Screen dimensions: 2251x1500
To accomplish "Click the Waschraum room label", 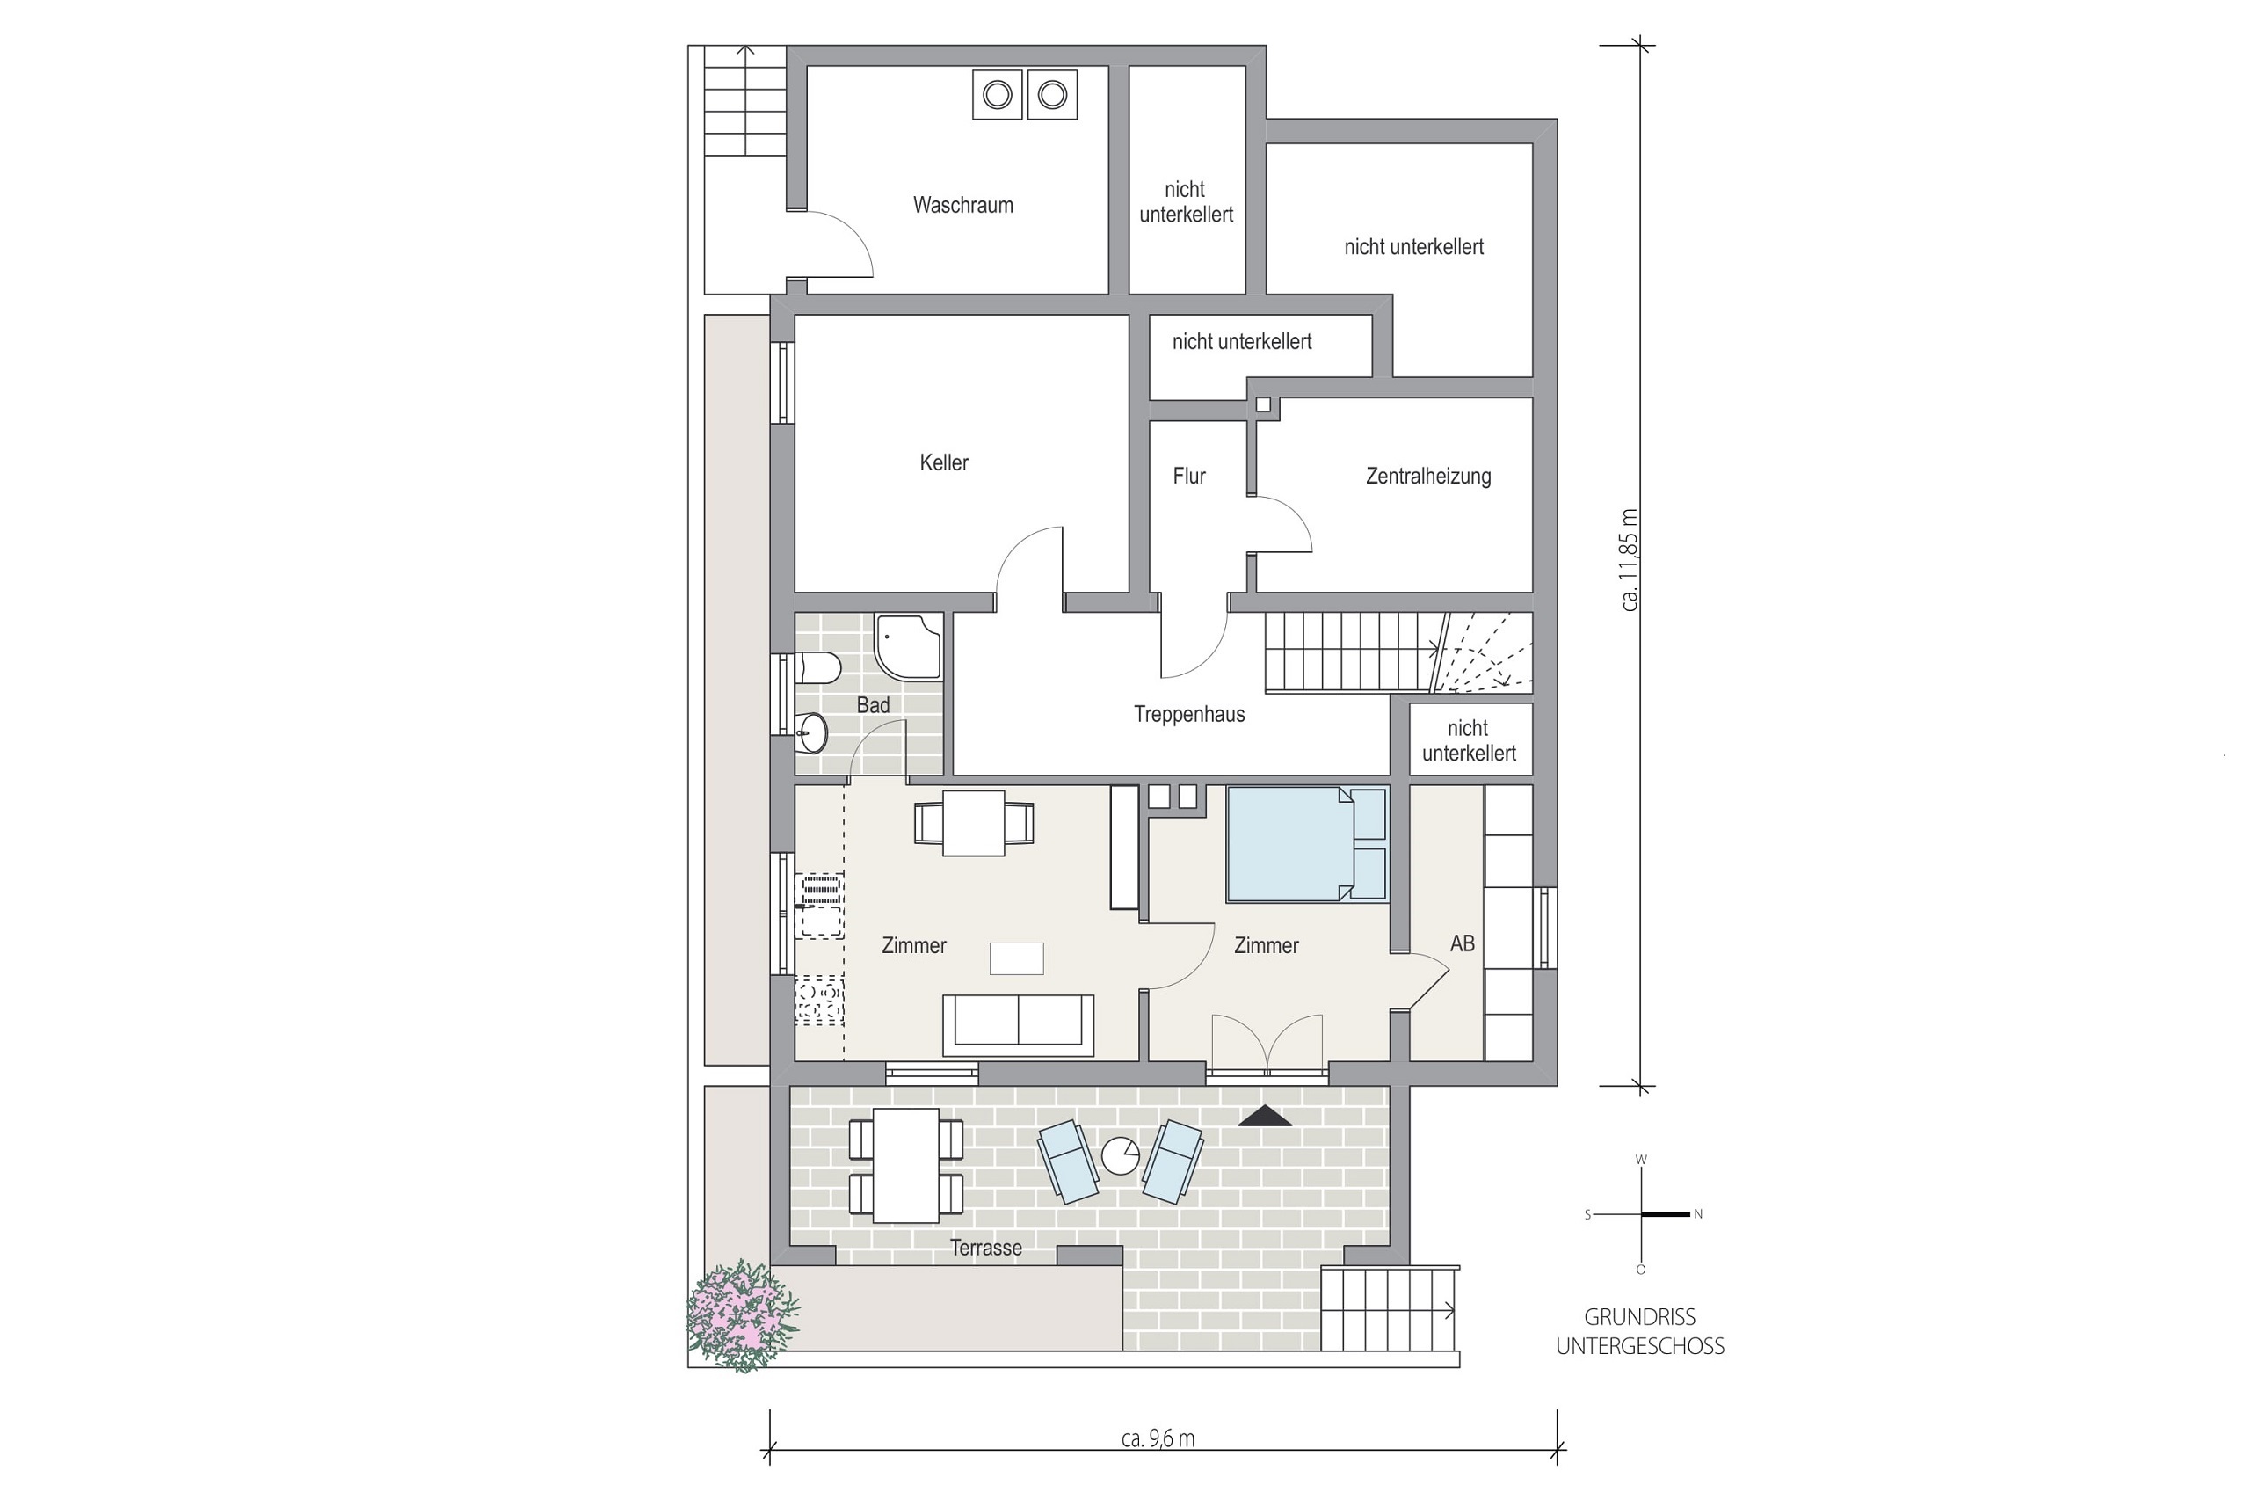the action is point(963,205).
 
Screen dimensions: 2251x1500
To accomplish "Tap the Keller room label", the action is point(944,463).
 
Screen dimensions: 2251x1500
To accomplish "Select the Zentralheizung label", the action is point(1427,477).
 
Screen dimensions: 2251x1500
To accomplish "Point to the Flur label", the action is point(1189,477).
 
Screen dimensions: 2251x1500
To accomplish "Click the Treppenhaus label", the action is point(1189,715).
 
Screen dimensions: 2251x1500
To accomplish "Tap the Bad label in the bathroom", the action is point(873,705).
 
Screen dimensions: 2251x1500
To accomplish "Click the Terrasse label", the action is point(986,1248).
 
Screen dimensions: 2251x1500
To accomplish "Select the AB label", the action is point(1462,943).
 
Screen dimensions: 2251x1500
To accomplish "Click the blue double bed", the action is point(1306,844).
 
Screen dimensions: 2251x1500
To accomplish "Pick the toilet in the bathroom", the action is point(818,667).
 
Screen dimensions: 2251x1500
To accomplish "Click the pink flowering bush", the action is point(742,1316).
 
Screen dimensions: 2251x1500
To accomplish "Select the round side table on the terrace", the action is point(1120,1155).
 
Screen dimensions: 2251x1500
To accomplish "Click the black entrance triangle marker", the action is point(1265,1116).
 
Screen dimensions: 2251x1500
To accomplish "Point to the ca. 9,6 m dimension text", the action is point(1158,1438).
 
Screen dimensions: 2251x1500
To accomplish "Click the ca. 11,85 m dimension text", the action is point(1630,559).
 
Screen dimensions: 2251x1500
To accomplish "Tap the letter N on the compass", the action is point(1698,1214).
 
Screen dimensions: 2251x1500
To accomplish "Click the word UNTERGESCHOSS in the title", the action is point(1640,1346).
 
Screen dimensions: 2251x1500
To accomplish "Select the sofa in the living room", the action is point(1018,1025).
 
